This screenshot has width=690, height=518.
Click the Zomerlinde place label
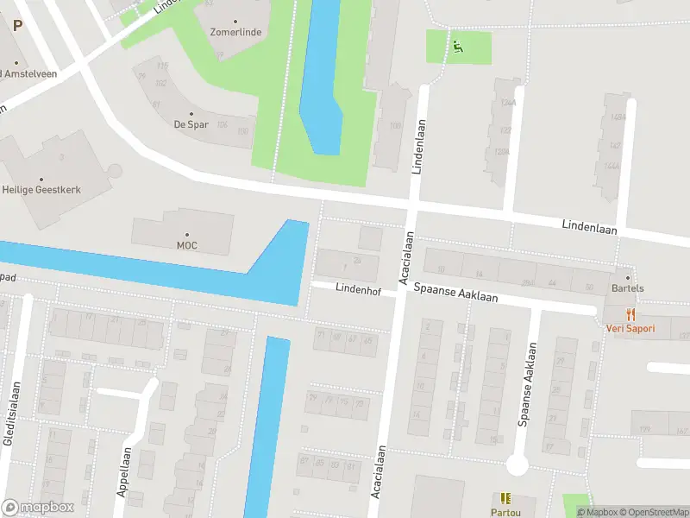tap(235, 32)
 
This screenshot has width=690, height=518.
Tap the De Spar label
tap(191, 124)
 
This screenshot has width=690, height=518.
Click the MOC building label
tap(187, 245)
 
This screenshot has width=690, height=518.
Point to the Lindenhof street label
tap(359, 288)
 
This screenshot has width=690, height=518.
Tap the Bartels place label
tap(628, 288)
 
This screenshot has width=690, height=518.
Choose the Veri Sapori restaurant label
tap(630, 328)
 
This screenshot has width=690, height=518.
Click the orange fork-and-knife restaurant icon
tap(630, 314)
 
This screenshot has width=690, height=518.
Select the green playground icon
tap(458, 47)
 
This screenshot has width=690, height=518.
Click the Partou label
tap(505, 511)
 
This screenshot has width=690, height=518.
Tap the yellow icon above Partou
tap(505, 498)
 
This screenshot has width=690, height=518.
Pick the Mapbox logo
tap(38, 507)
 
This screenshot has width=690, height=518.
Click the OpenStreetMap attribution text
tap(653, 512)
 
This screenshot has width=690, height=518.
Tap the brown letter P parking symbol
tap(17, 26)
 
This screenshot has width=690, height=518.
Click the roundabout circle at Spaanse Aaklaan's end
tap(517, 465)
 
